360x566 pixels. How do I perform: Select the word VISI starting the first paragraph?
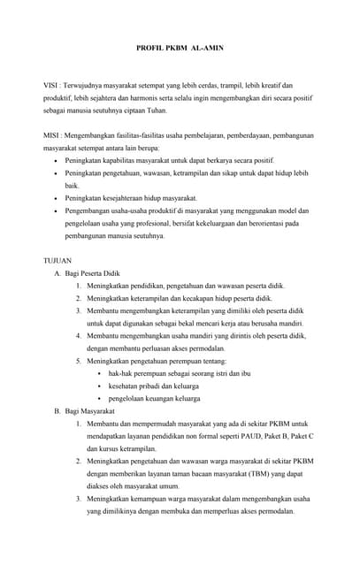point(51,86)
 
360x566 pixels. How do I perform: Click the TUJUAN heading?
point(59,263)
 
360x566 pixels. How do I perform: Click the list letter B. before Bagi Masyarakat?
point(58,411)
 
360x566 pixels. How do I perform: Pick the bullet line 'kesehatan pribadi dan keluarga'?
point(155,386)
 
